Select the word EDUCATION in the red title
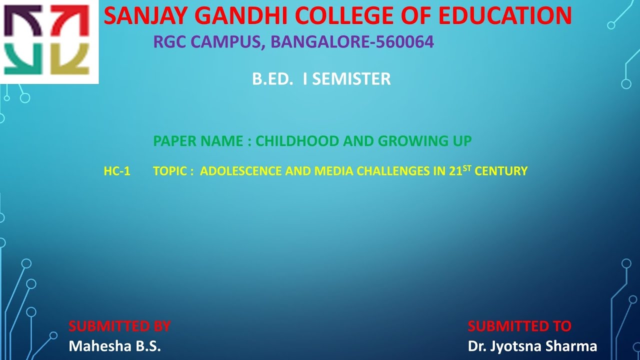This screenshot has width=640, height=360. pos(505,16)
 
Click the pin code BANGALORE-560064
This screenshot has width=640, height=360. pos(352,42)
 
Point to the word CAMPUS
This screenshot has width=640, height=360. pos(229,42)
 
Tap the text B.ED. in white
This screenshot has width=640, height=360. pos(272,79)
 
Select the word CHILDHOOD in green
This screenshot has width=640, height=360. pos(297,141)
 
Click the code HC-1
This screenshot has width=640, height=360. pos(117,171)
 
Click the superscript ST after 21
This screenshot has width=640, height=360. pos(467,167)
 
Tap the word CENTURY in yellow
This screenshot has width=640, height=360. pos(501,171)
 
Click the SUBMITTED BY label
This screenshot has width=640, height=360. pos(119,326)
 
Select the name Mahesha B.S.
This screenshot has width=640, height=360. pos(114,346)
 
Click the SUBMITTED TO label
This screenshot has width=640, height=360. pos(519,326)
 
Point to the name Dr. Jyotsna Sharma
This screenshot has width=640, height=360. pos(532,346)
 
